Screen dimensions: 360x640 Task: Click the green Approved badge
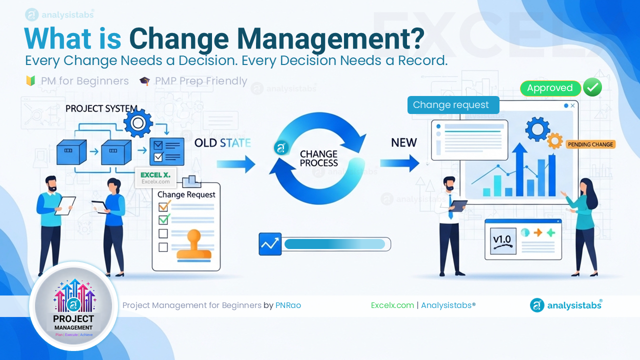[550, 88]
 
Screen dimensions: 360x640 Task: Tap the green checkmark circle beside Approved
[592, 88]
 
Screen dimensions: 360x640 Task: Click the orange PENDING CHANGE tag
[590, 144]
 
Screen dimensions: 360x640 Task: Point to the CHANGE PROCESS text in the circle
[318, 158]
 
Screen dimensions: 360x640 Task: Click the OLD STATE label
[222, 143]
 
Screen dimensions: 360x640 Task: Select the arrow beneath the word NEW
[400, 163]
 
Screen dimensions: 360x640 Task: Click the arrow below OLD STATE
[236, 163]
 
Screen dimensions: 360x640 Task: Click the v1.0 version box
[503, 240]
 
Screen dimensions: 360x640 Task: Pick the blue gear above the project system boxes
[138, 122]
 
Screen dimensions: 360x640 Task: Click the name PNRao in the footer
[288, 305]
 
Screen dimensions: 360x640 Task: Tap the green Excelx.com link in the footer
[392, 305]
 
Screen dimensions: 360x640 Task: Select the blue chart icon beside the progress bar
[270, 244]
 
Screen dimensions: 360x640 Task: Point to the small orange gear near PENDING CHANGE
[554, 141]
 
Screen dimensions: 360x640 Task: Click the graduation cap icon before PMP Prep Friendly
[144, 81]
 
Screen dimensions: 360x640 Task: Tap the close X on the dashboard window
[572, 106]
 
